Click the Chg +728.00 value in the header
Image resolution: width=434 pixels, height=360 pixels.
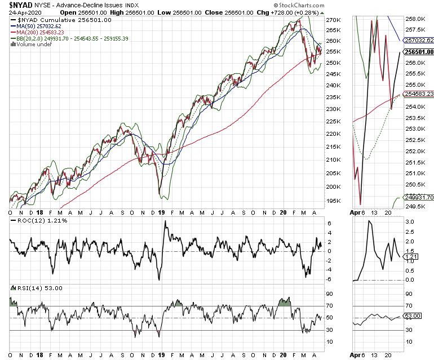coord(304,12)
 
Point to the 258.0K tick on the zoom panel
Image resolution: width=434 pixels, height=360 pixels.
coord(418,19)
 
